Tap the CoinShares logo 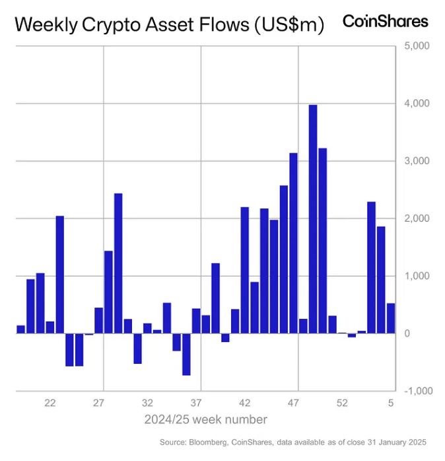click(x=385, y=21)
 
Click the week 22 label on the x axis click(x=50, y=403)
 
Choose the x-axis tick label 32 click(x=147, y=403)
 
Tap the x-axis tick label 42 click(x=245, y=403)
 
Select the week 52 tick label click(x=342, y=403)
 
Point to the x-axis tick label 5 click(x=391, y=403)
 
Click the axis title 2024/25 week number click(x=206, y=419)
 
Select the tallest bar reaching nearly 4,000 click(x=313, y=218)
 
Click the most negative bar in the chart click(x=186, y=354)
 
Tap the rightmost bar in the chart click(x=391, y=318)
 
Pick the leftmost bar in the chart click(x=20, y=329)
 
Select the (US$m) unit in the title click(x=289, y=25)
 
